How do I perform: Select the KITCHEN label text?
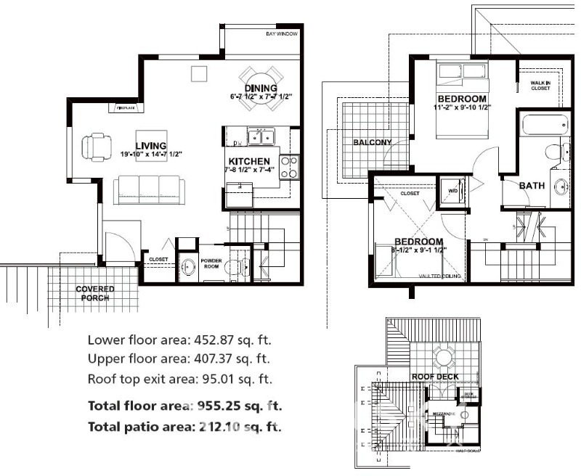click(x=249, y=160)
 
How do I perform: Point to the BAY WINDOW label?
click(x=281, y=34)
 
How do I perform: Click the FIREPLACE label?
click(x=123, y=108)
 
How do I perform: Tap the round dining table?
click(x=260, y=89)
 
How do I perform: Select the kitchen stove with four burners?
click(x=288, y=168)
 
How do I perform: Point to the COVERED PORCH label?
click(x=95, y=293)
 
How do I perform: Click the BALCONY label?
click(x=372, y=142)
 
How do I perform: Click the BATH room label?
click(x=532, y=186)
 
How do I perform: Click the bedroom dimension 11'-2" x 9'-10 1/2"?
click(x=462, y=107)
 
